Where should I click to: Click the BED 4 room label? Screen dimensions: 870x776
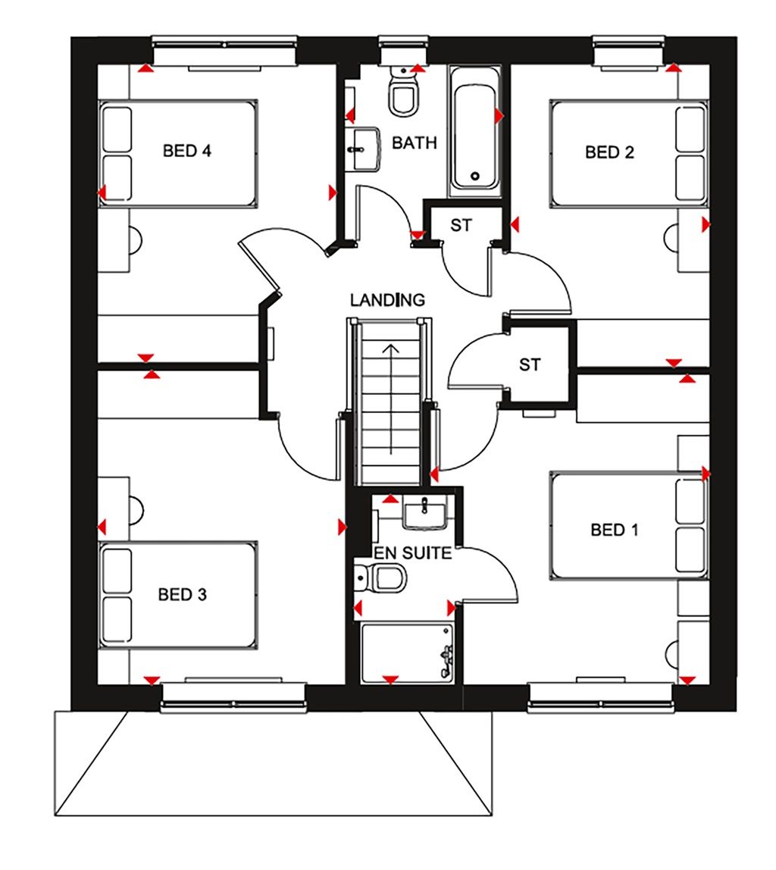186,151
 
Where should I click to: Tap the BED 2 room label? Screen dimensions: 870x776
609,152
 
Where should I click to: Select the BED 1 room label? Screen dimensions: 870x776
614,530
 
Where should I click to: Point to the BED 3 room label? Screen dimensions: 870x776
182,595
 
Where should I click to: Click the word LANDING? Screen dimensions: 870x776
387,300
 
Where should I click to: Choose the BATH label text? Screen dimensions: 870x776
415,142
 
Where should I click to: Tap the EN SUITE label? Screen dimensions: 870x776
412,553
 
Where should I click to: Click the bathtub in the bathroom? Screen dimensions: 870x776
474,129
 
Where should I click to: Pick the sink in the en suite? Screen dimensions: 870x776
425,515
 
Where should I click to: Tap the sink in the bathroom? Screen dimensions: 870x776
367,148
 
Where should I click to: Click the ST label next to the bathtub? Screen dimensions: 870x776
461,225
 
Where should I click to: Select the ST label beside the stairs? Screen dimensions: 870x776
530,365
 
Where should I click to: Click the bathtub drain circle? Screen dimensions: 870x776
475,176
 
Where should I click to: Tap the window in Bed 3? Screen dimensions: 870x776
233,696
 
